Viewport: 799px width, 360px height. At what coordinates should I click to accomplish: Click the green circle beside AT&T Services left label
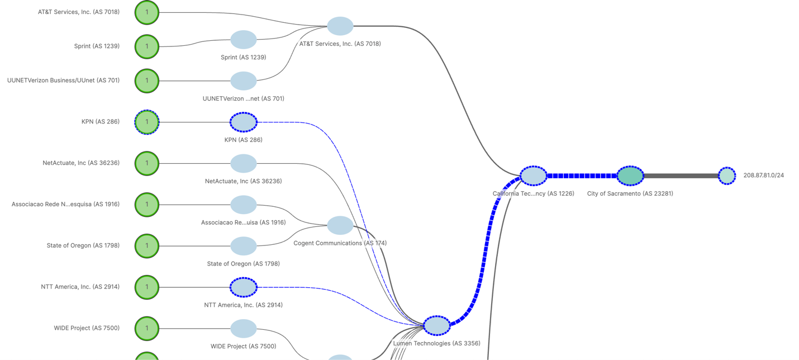[x=147, y=12]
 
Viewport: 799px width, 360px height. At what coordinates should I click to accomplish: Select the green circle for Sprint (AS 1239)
[x=147, y=46]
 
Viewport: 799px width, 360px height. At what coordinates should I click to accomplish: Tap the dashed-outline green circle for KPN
[x=147, y=122]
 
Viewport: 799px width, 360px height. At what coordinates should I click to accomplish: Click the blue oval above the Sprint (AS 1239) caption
[x=244, y=40]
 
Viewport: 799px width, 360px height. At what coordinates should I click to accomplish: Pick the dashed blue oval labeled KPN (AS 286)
[x=244, y=122]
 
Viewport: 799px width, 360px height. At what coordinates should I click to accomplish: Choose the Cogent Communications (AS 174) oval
[x=340, y=225]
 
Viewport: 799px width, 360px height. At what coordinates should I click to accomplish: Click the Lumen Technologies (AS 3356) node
[x=436, y=325]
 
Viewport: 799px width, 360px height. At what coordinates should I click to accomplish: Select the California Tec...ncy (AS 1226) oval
[x=533, y=176]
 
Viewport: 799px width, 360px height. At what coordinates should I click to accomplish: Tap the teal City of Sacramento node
[x=630, y=176]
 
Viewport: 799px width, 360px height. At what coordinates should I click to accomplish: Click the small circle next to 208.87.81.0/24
[x=726, y=176]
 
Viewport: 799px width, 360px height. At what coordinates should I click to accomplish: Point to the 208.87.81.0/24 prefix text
[x=763, y=176]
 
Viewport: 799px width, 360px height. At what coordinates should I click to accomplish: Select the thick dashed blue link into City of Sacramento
[x=581, y=176]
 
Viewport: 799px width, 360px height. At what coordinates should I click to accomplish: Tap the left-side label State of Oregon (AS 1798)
[x=83, y=245]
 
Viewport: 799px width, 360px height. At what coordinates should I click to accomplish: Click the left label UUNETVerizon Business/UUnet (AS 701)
[x=63, y=80]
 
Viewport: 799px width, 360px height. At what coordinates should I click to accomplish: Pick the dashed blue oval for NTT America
[x=244, y=287]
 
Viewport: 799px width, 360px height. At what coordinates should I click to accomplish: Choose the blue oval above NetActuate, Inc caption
[x=244, y=163]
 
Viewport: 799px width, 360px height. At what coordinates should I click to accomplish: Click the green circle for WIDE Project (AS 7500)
[x=147, y=329]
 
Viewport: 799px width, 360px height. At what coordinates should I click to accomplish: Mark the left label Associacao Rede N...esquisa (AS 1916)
[x=65, y=205]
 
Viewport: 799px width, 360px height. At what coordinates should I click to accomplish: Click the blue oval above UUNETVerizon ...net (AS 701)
[x=244, y=81]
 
